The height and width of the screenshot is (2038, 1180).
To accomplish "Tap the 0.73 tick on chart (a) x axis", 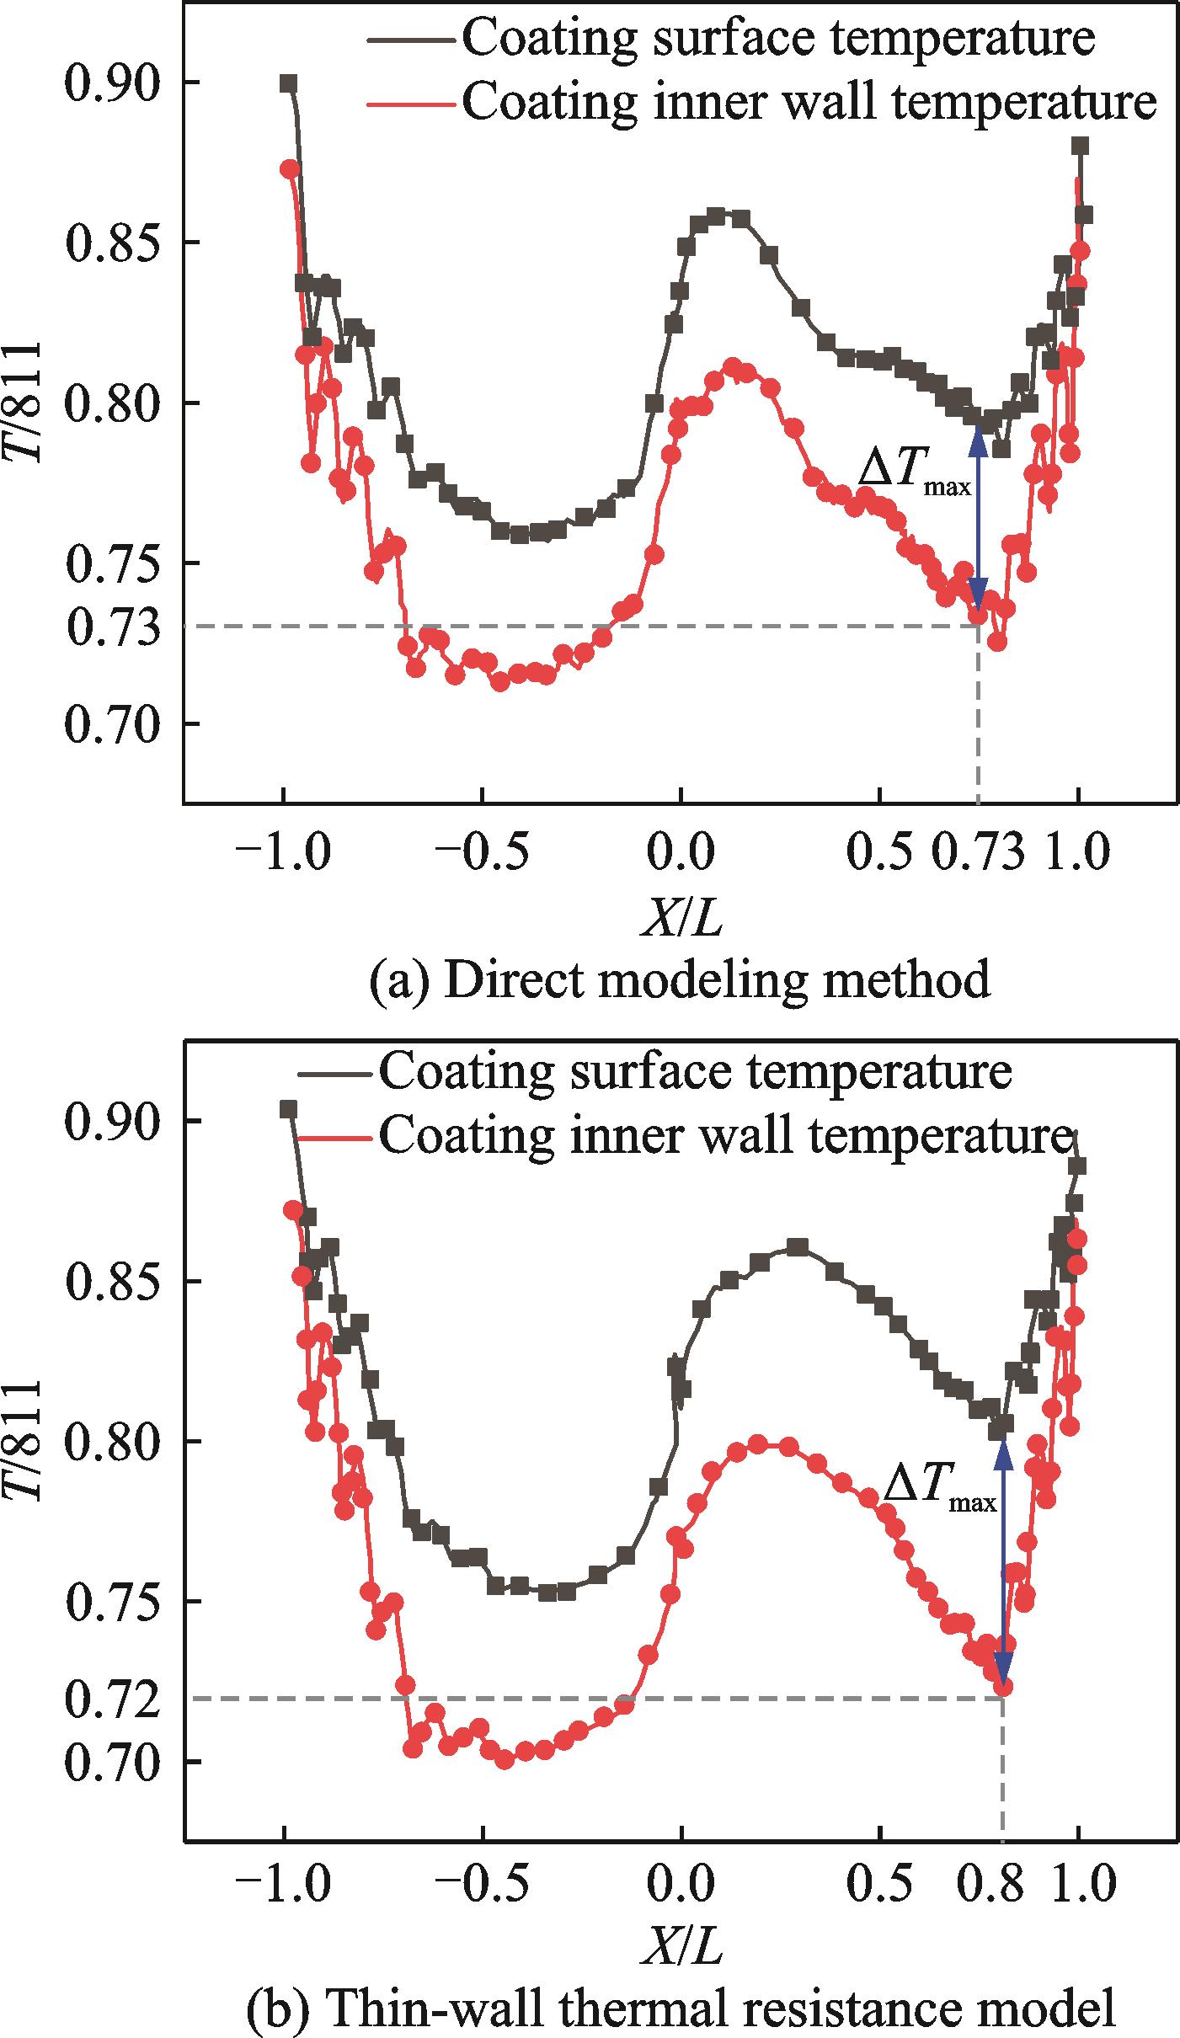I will tap(979, 852).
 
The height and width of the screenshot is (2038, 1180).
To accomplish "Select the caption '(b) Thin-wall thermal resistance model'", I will tap(681, 2014).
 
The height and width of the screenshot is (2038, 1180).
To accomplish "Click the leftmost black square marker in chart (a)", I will tap(289, 83).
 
